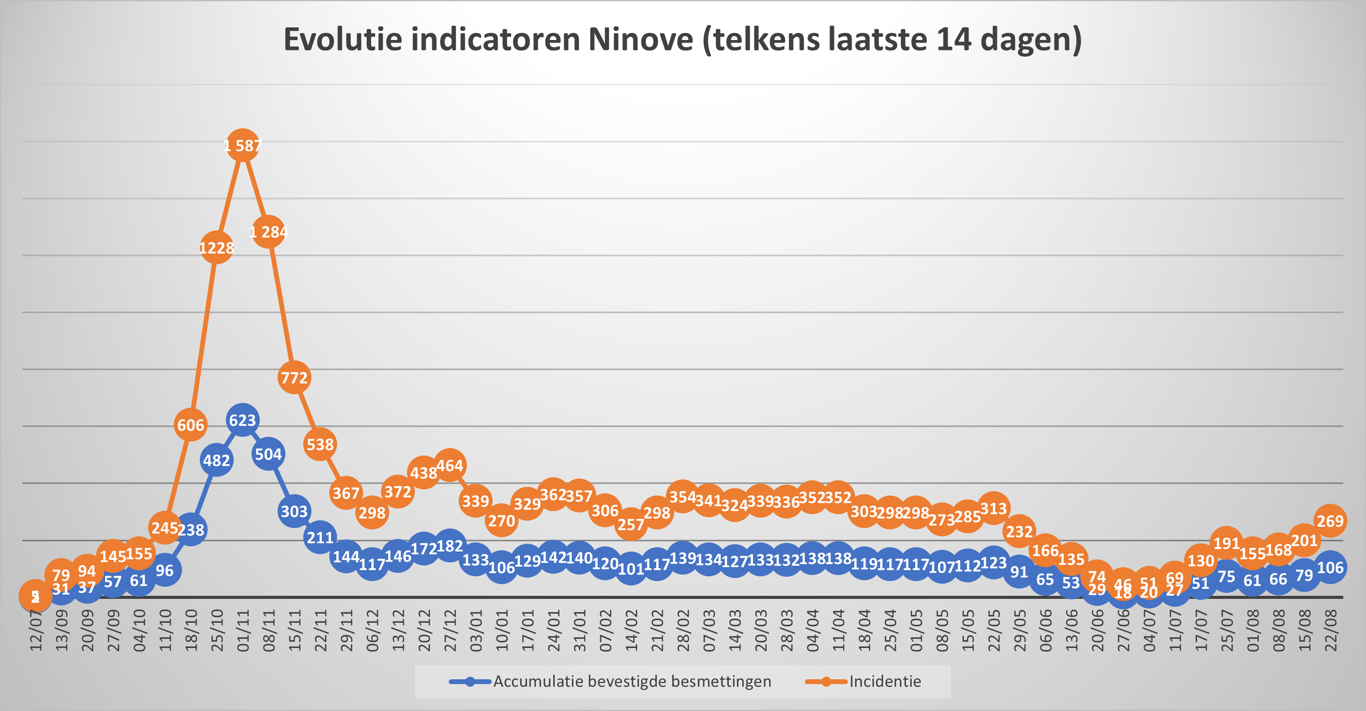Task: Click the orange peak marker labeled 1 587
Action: (242, 145)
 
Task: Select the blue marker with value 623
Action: (242, 420)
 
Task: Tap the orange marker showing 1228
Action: (216, 247)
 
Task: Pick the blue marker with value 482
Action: (216, 460)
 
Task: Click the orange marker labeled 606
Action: (190, 425)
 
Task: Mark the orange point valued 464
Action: (450, 465)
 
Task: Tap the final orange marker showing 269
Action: (1330, 521)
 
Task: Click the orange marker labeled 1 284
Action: (268, 231)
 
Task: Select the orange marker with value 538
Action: (320, 444)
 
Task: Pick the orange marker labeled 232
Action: (1019, 531)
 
